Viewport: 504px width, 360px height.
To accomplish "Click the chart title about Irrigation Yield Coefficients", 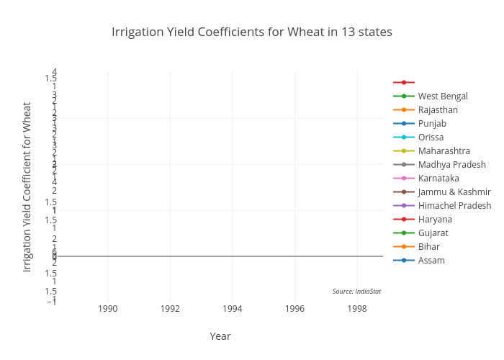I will point(252,32).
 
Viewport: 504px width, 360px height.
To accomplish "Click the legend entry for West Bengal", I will point(443,96).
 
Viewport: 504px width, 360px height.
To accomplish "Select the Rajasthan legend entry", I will point(438,109).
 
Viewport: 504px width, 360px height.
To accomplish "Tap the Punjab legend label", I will point(432,123).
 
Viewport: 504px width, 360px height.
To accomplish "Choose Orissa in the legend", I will point(431,137).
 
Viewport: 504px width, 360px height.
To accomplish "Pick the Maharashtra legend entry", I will point(444,150).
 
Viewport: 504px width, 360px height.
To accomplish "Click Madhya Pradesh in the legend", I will point(451,164).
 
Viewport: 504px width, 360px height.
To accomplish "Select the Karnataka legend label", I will point(438,178).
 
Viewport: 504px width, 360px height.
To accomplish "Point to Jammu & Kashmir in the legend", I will point(454,192).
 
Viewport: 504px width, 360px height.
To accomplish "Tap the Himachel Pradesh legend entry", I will point(454,205).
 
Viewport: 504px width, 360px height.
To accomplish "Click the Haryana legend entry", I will point(435,219).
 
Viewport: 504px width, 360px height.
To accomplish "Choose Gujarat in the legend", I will point(433,233).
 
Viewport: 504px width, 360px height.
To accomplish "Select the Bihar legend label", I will point(428,246).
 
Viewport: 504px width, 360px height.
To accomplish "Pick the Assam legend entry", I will point(431,260).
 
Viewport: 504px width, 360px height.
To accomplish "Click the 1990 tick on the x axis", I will point(108,308).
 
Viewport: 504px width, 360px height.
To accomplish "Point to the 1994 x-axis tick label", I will point(233,308).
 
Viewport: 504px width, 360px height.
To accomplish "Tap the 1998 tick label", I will point(357,308).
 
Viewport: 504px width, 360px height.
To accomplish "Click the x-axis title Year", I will point(220,336).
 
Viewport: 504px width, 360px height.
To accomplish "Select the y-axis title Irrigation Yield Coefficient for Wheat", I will point(27,186).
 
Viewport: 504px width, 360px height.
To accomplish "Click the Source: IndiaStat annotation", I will point(356,291).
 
